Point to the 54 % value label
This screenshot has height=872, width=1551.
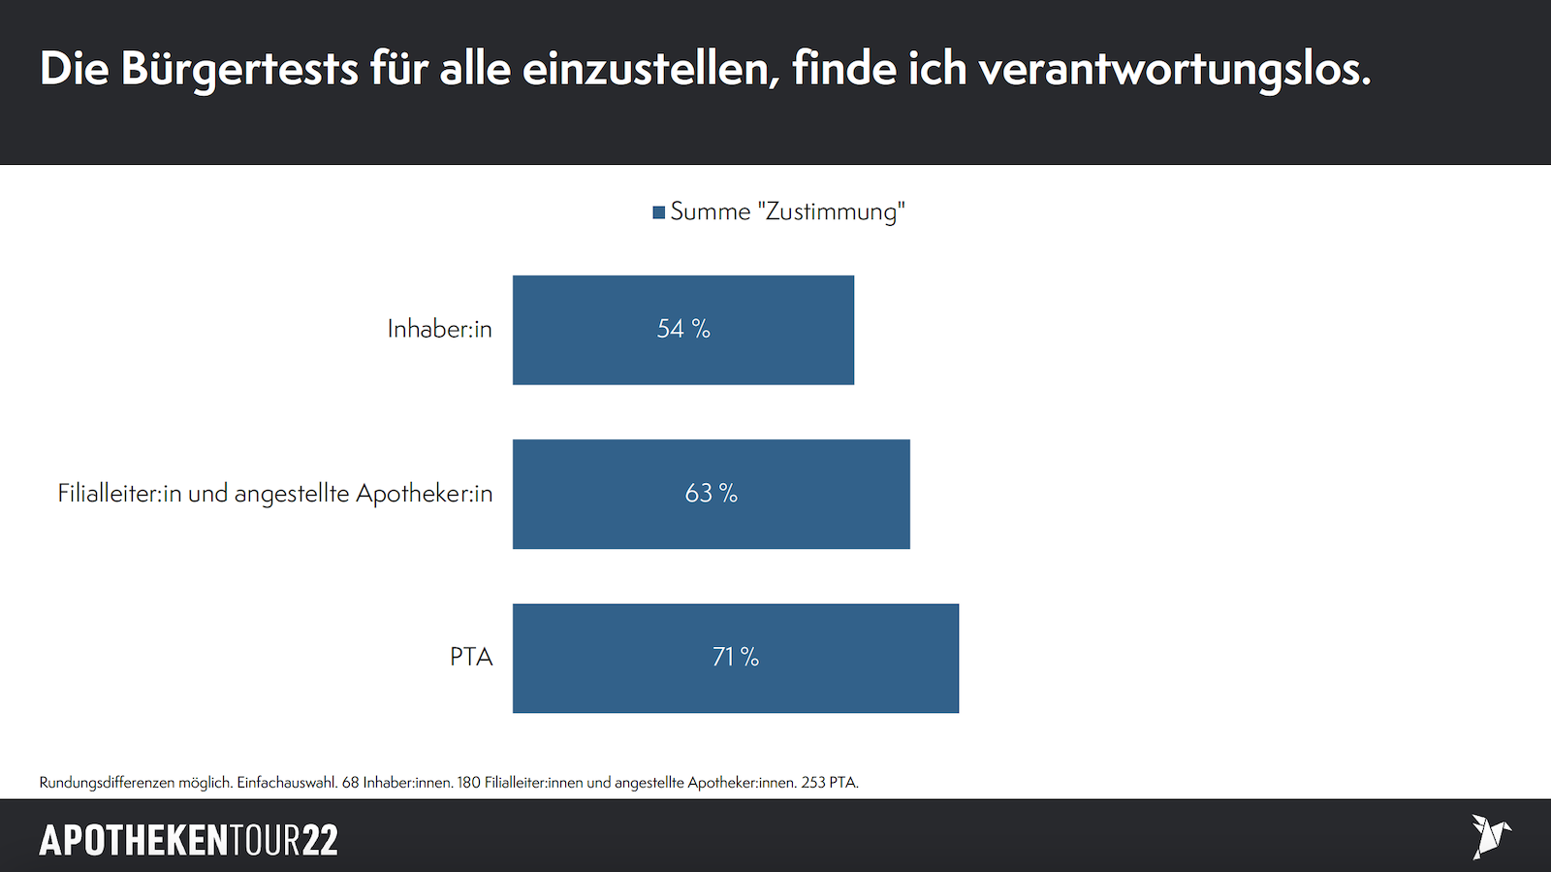[x=683, y=330]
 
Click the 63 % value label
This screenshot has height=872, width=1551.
[x=712, y=494]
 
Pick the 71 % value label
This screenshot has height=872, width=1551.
[x=736, y=658]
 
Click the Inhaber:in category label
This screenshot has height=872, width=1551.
[x=439, y=330]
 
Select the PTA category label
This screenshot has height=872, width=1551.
[x=471, y=658]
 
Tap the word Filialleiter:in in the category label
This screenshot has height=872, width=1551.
[x=119, y=494]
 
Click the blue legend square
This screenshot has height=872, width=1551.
[x=659, y=212]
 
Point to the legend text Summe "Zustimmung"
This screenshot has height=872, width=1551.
[x=787, y=211]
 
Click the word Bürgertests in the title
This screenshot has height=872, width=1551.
[x=239, y=70]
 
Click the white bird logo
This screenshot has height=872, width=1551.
[x=1490, y=836]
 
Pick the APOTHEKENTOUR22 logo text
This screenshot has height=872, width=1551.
[x=188, y=840]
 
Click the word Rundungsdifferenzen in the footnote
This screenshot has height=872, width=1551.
[x=107, y=783]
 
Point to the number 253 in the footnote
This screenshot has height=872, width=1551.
[x=812, y=783]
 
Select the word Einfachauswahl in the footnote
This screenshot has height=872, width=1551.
[x=287, y=783]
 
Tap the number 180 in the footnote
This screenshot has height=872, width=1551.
[x=468, y=783]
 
